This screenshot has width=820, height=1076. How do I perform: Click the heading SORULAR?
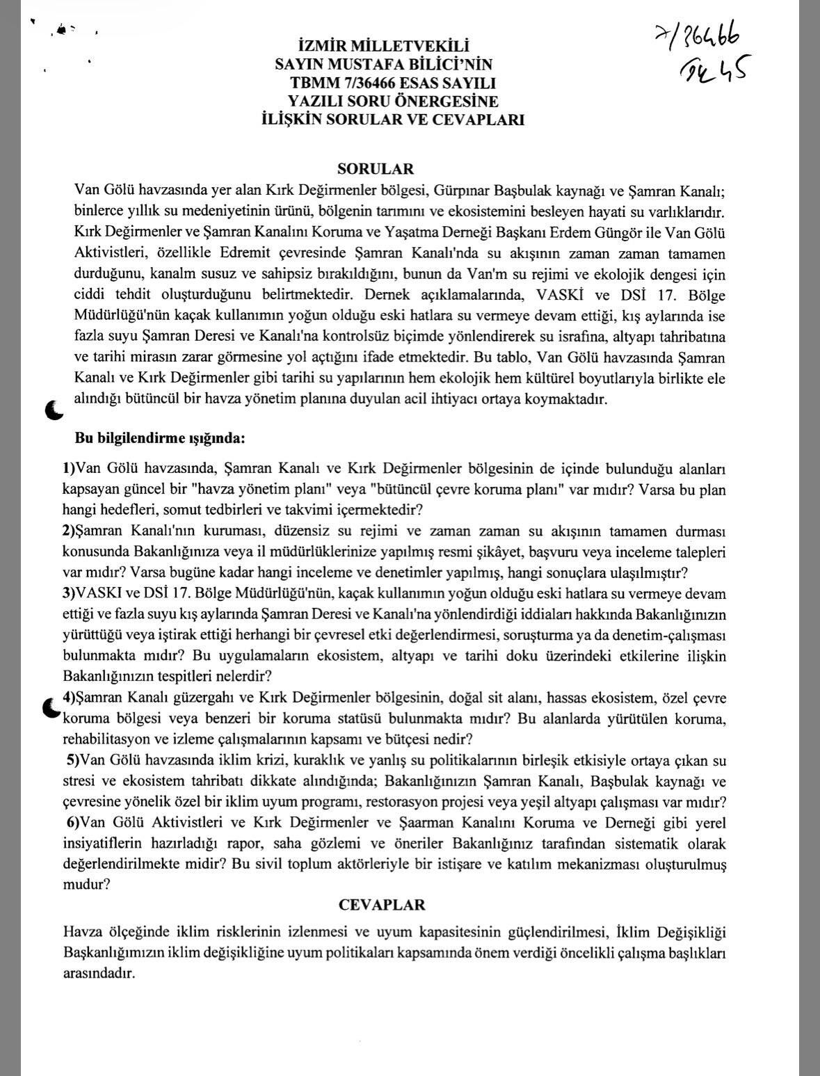coord(376,169)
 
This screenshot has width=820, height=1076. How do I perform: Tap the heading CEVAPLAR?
coord(382,905)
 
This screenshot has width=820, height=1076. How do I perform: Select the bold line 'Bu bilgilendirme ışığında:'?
coord(160,439)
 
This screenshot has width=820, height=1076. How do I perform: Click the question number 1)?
coord(69,469)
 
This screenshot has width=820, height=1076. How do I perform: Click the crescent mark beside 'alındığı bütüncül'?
coord(54,410)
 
